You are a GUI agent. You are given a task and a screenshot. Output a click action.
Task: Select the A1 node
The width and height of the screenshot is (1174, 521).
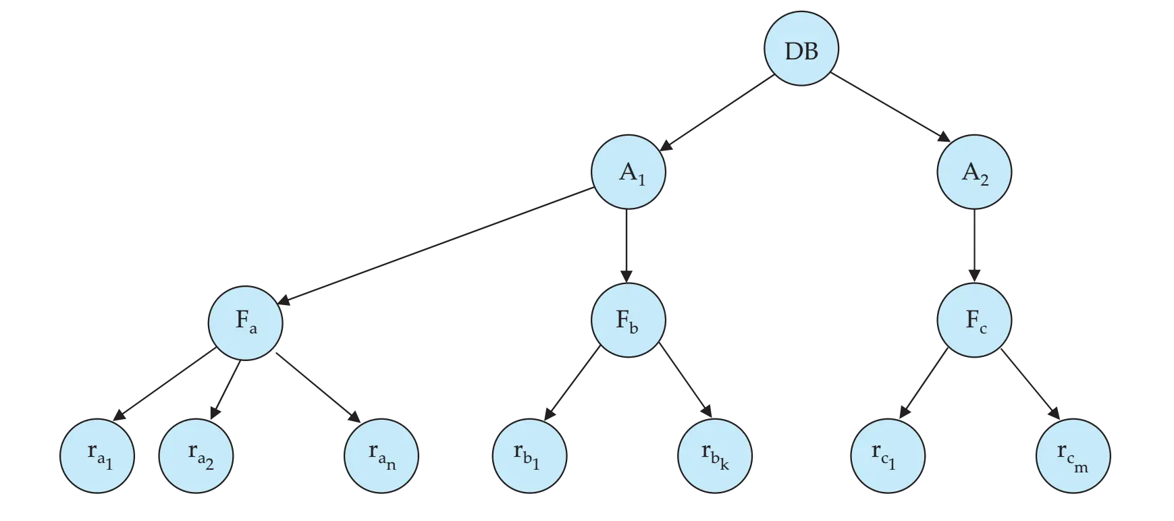coord(629,173)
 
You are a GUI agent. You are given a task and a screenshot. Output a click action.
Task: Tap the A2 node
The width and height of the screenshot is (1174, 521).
coord(973,173)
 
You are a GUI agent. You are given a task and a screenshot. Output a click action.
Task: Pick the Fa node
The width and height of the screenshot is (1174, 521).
coord(244,321)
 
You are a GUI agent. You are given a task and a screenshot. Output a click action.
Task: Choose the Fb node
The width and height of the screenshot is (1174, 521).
coord(629,321)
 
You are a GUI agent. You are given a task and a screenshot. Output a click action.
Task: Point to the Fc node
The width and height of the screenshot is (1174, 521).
coord(973,321)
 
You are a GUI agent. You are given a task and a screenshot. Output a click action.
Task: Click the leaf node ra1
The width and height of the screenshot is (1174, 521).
coord(97,456)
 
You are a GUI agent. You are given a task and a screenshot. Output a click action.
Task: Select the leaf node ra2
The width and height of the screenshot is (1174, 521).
coord(196,456)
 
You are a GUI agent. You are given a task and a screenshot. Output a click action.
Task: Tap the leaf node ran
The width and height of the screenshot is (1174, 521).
coord(381,456)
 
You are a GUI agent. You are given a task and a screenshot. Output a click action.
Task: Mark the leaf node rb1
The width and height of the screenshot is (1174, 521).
coord(529,456)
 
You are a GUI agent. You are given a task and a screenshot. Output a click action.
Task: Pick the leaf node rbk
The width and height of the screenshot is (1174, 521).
coord(715,456)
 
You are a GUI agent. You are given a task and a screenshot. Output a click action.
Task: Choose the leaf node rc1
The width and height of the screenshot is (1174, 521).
coord(886,456)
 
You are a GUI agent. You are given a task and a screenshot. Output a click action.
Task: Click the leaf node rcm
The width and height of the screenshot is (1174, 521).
coord(1072,456)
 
